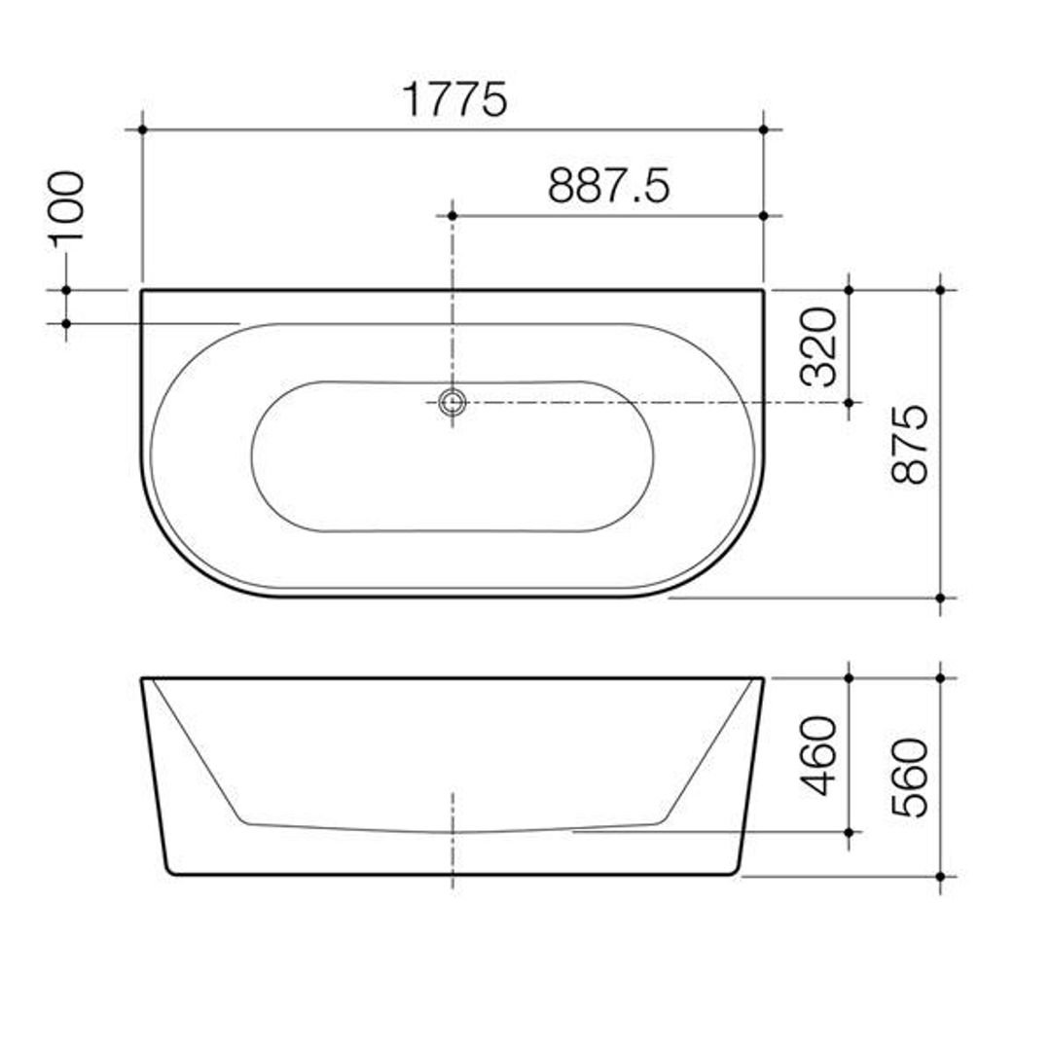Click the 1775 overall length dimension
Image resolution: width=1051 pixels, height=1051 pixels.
pyautogui.click(x=454, y=99)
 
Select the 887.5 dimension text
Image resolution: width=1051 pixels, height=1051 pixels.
pyautogui.click(x=608, y=185)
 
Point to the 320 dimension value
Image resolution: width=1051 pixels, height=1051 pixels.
pyautogui.click(x=818, y=346)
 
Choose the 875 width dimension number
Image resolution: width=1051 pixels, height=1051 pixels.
pyautogui.click(x=911, y=445)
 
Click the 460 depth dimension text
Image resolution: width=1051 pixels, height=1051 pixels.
pyautogui.click(x=818, y=755)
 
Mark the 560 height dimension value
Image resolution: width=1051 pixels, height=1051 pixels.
pyautogui.click(x=911, y=778)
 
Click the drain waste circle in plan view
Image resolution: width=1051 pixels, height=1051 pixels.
pyautogui.click(x=452, y=401)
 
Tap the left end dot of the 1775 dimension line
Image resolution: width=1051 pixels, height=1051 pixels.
pyautogui.click(x=142, y=128)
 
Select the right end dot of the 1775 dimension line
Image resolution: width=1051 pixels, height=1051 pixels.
pyautogui.click(x=763, y=128)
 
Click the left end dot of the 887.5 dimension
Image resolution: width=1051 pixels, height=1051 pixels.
pyautogui.click(x=452, y=215)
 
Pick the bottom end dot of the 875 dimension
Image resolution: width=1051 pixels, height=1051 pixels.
pyautogui.click(x=940, y=598)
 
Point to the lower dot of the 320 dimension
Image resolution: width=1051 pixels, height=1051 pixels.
pyautogui.click(x=849, y=402)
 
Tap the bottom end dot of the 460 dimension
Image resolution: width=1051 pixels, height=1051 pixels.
pyautogui.click(x=849, y=832)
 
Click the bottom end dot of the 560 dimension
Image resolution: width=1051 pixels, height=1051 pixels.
pyautogui.click(x=940, y=877)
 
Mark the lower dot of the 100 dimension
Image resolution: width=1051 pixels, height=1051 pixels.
pyautogui.click(x=66, y=323)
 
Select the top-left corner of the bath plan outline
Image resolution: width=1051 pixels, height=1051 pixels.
pyautogui.click(x=142, y=290)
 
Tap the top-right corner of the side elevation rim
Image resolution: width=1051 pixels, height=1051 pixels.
pyautogui.click(x=762, y=678)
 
